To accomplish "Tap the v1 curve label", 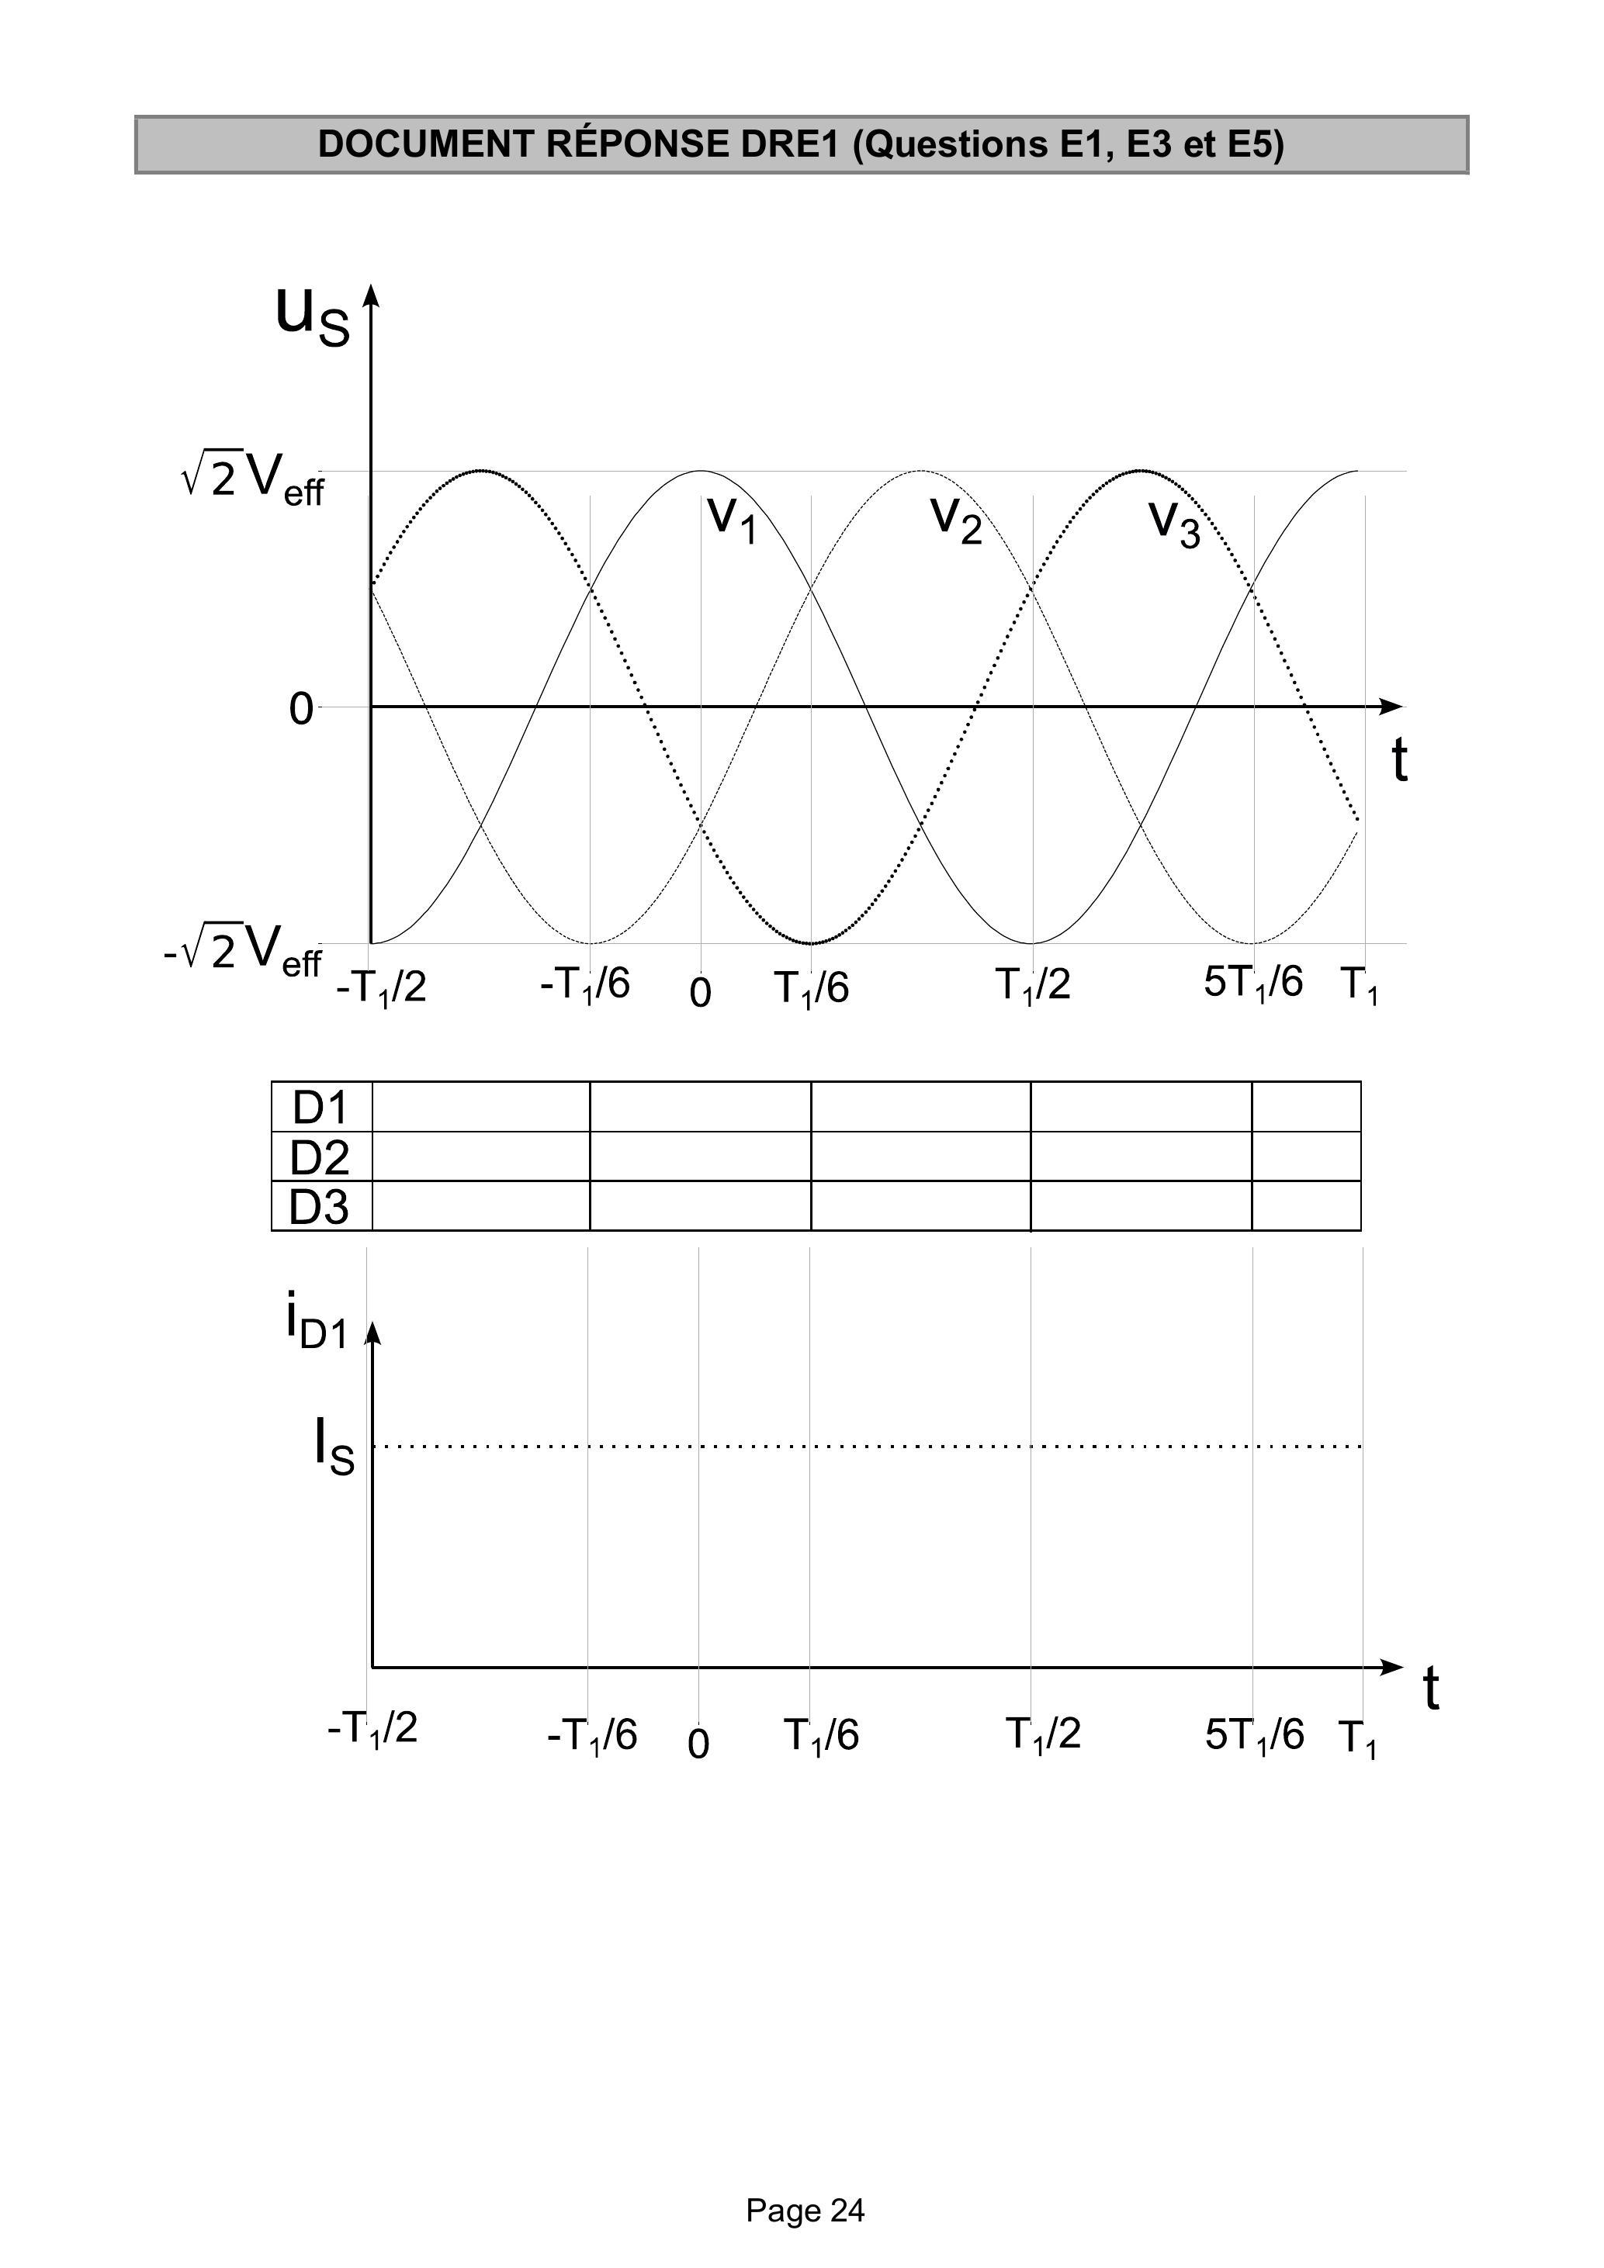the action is (733, 520).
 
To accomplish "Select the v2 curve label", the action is (957, 520).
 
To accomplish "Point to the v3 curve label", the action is (1175, 524).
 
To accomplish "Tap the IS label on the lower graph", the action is (334, 1445).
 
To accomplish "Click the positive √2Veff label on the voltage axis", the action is (252, 478).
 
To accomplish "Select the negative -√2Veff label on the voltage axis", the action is (243, 949).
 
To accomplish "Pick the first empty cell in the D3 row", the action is (481, 1206).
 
